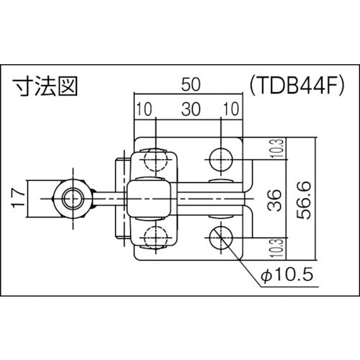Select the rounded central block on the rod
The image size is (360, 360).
tap(148, 195)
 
